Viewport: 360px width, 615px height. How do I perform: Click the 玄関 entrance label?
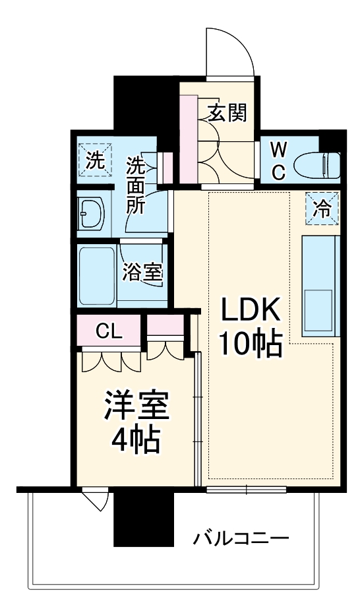[228, 113]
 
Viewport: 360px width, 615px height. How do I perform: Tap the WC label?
[277, 161]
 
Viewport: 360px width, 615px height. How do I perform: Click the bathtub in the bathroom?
[96, 275]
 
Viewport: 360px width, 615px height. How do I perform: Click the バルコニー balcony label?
[241, 539]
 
